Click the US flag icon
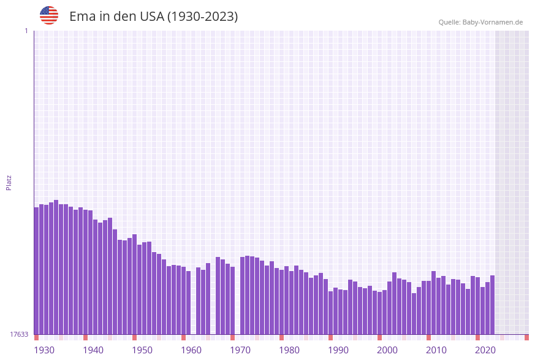coord(49,15)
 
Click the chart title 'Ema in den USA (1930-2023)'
coord(153,17)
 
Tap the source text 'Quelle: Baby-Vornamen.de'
coord(480,22)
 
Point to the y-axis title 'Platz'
coord(9,182)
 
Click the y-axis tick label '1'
coord(26,31)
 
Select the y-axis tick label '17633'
coord(19,334)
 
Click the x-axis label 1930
coord(44,350)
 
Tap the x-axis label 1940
coord(93,350)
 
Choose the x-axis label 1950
coord(142,350)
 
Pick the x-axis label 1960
coord(191,350)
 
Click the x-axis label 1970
coord(240,350)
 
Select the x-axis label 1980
coord(289,350)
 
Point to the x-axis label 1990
coord(338,350)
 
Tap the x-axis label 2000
coord(387,350)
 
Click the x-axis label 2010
coord(436,350)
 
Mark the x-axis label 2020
coord(485,350)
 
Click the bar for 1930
coord(36,270)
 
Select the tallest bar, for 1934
coord(56,267)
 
